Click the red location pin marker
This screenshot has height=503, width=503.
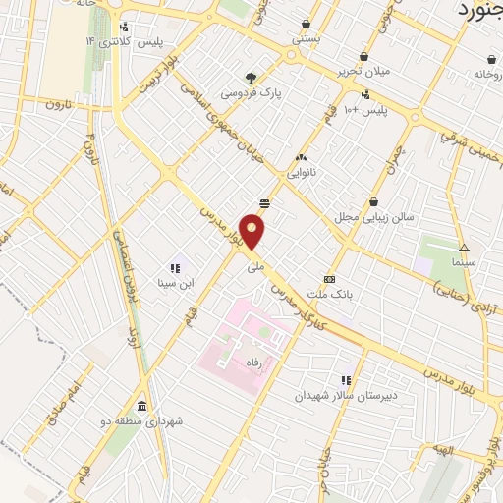point(253,232)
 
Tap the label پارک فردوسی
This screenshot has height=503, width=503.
point(251,93)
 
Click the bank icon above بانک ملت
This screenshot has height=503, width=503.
point(329,278)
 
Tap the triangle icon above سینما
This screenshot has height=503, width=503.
point(464,248)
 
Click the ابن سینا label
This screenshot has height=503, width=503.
point(175,283)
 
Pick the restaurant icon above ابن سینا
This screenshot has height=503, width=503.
point(175,267)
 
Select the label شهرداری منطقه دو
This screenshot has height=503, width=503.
point(142,422)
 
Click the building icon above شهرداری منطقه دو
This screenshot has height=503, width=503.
point(142,407)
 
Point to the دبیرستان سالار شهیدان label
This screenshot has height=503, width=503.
point(347,396)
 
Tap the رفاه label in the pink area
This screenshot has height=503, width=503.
point(259,361)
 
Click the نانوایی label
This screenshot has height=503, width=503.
point(300,173)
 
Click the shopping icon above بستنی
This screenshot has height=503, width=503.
point(307,25)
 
